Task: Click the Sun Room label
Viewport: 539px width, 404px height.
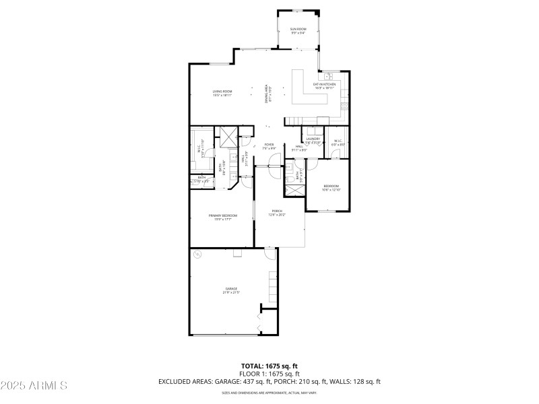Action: tap(298, 30)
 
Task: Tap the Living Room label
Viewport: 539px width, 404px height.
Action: tap(222, 92)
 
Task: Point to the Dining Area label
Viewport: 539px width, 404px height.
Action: tap(267, 94)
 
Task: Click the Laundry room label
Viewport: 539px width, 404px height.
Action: tap(313, 139)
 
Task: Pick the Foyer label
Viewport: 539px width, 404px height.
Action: tap(269, 145)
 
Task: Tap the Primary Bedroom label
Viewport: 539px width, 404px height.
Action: tap(222, 215)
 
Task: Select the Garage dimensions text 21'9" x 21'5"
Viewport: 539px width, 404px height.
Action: tap(231, 292)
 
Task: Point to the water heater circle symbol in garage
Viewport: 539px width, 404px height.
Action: tap(197, 255)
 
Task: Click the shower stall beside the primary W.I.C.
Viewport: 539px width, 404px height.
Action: tap(228, 137)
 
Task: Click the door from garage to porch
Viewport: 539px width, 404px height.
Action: tap(270, 255)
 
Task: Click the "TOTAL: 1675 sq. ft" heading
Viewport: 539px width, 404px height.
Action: tap(269, 366)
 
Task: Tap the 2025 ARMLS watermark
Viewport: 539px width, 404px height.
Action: tap(34, 386)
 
